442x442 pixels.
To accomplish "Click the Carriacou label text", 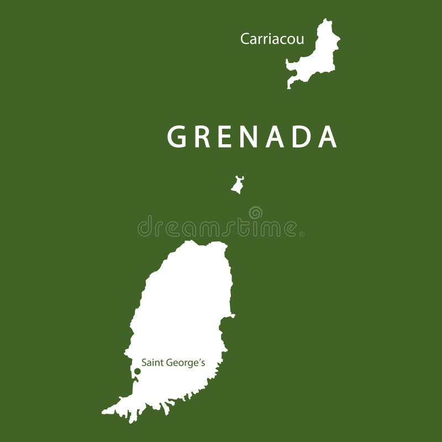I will tap(272, 39).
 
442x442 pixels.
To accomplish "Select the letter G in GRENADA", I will tap(177, 137).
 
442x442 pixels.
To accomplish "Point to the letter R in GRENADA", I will tap(203, 137).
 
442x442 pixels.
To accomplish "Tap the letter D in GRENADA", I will tap(303, 137).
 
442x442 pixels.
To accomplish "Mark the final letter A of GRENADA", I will tap(328, 137).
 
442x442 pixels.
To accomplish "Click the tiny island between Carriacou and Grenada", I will tap(238, 185).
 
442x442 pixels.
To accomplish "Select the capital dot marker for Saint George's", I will tap(138, 371).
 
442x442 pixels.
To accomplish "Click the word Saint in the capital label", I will tap(152, 363).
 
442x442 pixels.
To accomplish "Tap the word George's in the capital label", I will tap(185, 364).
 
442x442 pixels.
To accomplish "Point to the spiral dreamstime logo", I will tap(255, 212).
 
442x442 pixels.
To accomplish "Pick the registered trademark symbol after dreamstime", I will tap(301, 234).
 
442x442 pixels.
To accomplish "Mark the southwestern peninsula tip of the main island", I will tap(105, 412).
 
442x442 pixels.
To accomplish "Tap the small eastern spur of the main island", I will tap(231, 315).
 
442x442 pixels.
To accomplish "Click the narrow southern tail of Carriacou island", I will tap(290, 84).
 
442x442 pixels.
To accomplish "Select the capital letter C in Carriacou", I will tap(244, 39).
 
